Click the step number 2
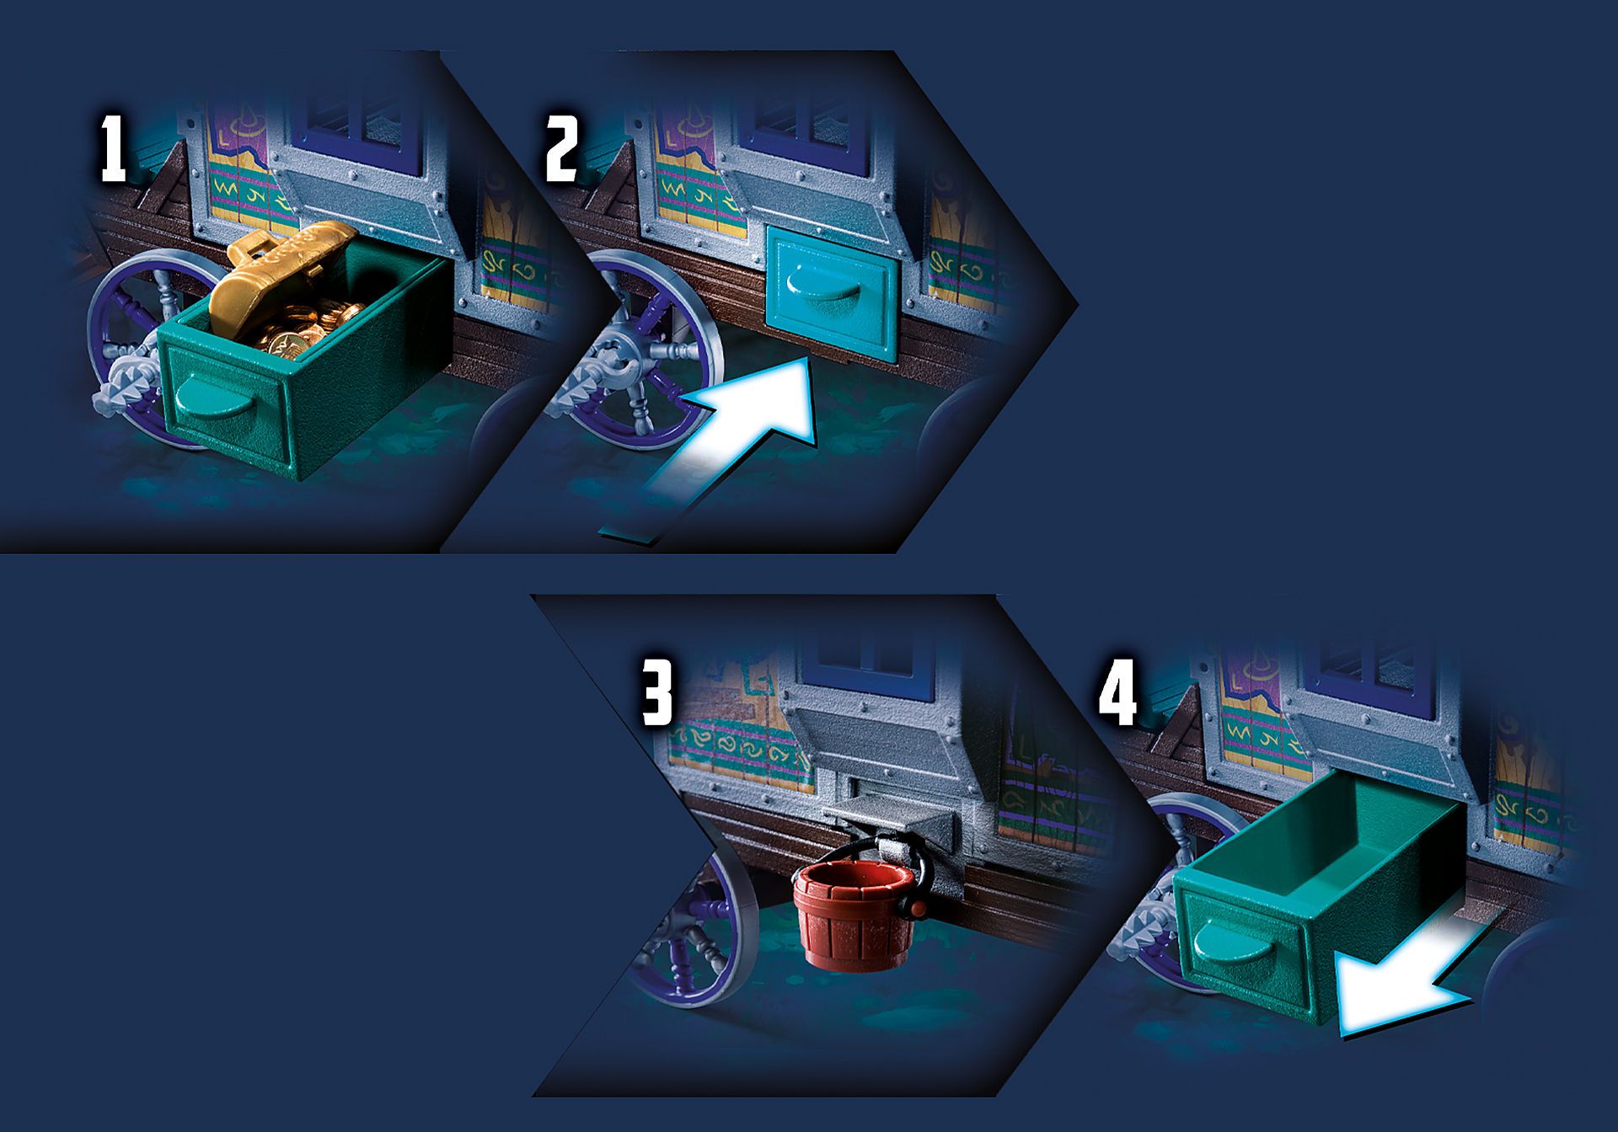[x=562, y=149]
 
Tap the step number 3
[x=657, y=692]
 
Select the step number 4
[x=1117, y=692]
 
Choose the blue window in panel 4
[x=1369, y=665]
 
